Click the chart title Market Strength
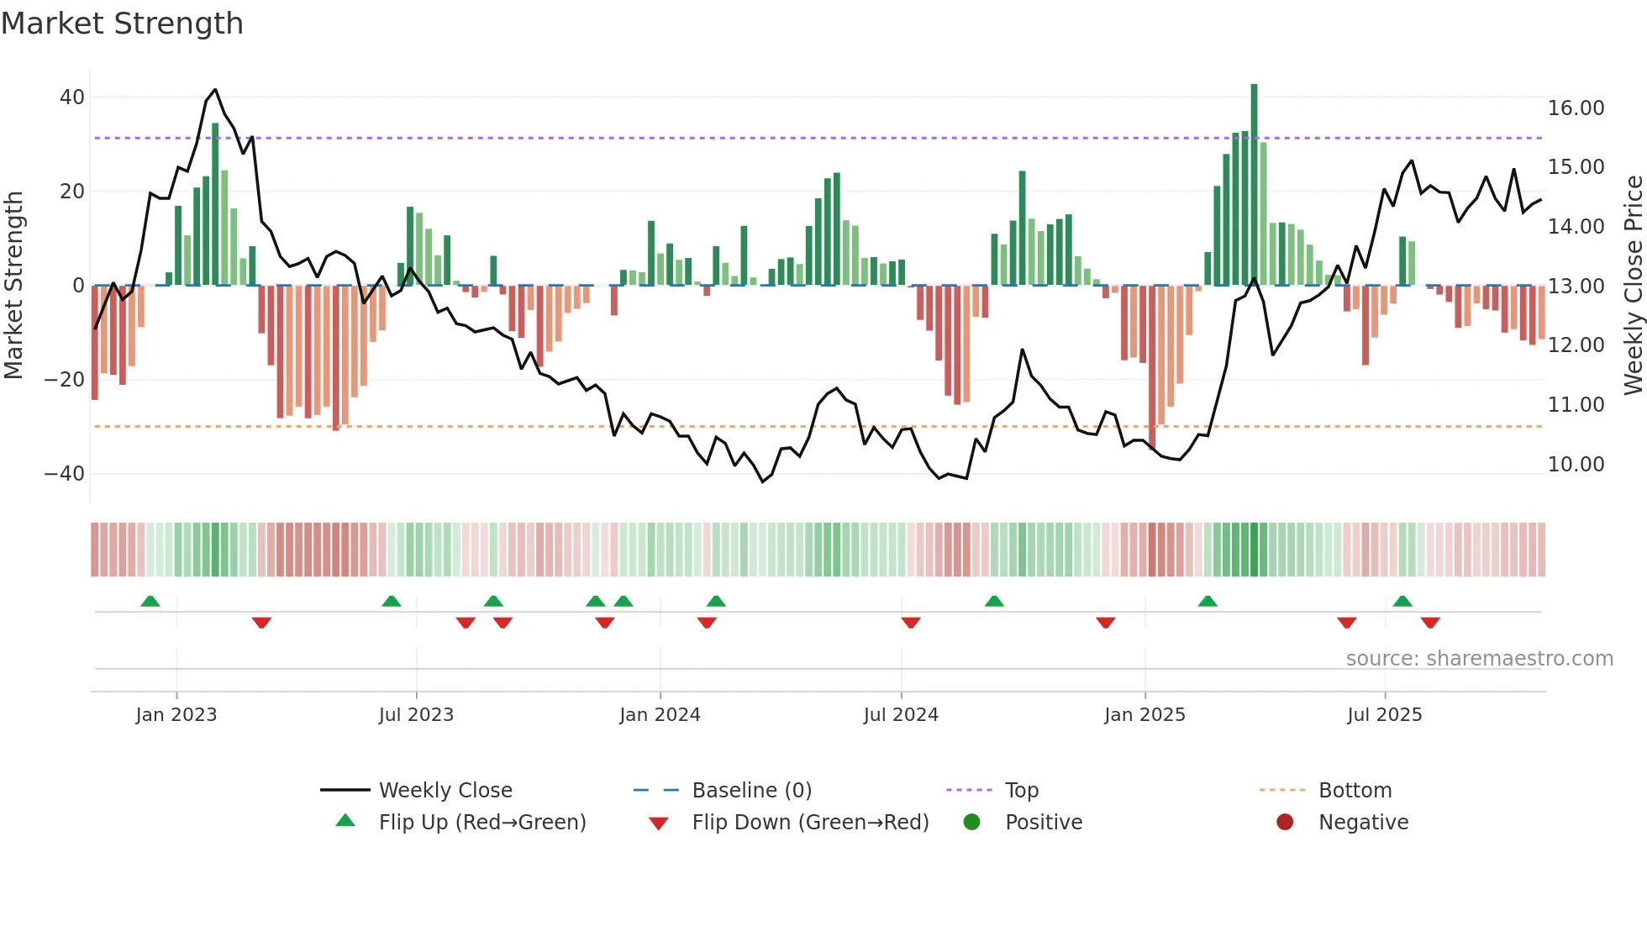click(122, 24)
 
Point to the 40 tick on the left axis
click(72, 97)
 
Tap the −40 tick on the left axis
click(66, 474)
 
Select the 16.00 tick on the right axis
click(1576, 108)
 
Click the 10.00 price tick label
click(1576, 465)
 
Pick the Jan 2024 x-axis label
click(660, 715)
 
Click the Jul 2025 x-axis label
click(1384, 715)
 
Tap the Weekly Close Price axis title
click(1633, 286)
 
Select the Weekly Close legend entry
click(445, 791)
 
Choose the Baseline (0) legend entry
click(751, 791)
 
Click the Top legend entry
click(1021, 791)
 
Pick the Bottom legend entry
click(1355, 791)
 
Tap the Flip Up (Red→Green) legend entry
click(481, 823)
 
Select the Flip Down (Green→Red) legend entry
click(809, 823)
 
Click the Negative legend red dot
click(1285, 823)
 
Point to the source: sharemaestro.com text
click(1479, 659)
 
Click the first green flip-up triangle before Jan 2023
click(150, 602)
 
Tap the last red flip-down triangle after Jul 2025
click(1430, 623)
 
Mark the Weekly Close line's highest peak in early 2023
click(215, 89)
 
